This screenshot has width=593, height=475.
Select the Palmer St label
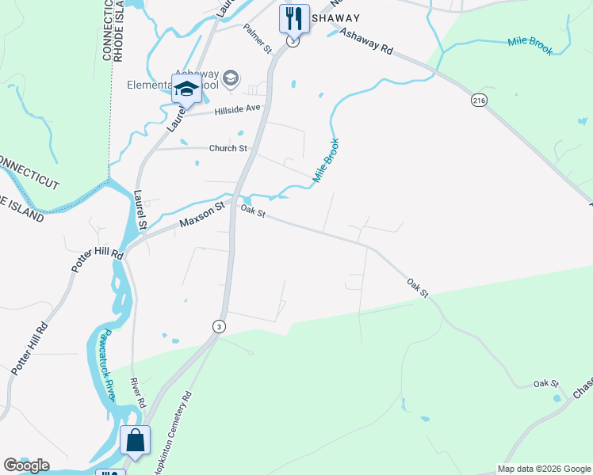258,38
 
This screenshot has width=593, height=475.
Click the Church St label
228,148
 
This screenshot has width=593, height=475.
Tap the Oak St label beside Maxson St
252,212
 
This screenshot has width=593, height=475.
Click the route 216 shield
478,101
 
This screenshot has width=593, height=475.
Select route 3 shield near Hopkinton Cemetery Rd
219,326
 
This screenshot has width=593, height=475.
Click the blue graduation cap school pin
186,88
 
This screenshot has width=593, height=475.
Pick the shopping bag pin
135,440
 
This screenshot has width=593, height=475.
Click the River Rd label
140,392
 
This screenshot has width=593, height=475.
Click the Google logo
26,465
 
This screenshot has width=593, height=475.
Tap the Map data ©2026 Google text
544,469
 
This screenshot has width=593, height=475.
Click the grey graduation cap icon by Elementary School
231,77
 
